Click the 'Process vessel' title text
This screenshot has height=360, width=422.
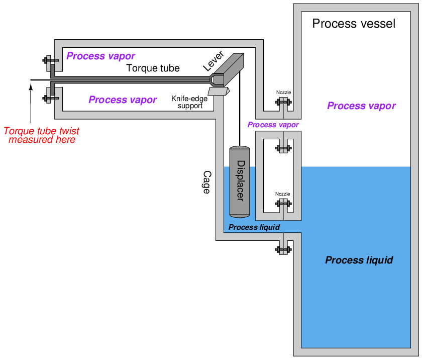pyautogui.click(x=354, y=24)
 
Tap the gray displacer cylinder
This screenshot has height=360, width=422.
pyautogui.click(x=239, y=182)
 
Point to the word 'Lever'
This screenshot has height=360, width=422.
pyautogui.click(x=213, y=61)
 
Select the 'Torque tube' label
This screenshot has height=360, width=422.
pyautogui.click(x=153, y=68)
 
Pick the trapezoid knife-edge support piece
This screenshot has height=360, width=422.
pyautogui.click(x=219, y=91)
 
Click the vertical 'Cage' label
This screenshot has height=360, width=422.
pyautogui.click(x=206, y=182)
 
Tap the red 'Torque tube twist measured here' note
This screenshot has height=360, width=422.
pyautogui.click(x=42, y=135)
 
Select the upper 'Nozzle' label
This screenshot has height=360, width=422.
pyautogui.click(x=283, y=93)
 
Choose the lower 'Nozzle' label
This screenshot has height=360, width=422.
pyautogui.click(x=283, y=194)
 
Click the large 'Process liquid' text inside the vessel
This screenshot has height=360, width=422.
pyautogui.click(x=359, y=260)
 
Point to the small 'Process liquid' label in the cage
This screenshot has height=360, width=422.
pyautogui.click(x=254, y=227)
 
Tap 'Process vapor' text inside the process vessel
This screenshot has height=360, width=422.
pyautogui.click(x=361, y=106)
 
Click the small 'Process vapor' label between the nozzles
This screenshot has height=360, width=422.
pyautogui.click(x=273, y=125)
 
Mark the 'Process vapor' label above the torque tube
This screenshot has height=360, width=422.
pyautogui.click(x=100, y=56)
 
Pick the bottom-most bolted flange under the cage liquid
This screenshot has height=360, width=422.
pyautogui.click(x=283, y=249)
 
